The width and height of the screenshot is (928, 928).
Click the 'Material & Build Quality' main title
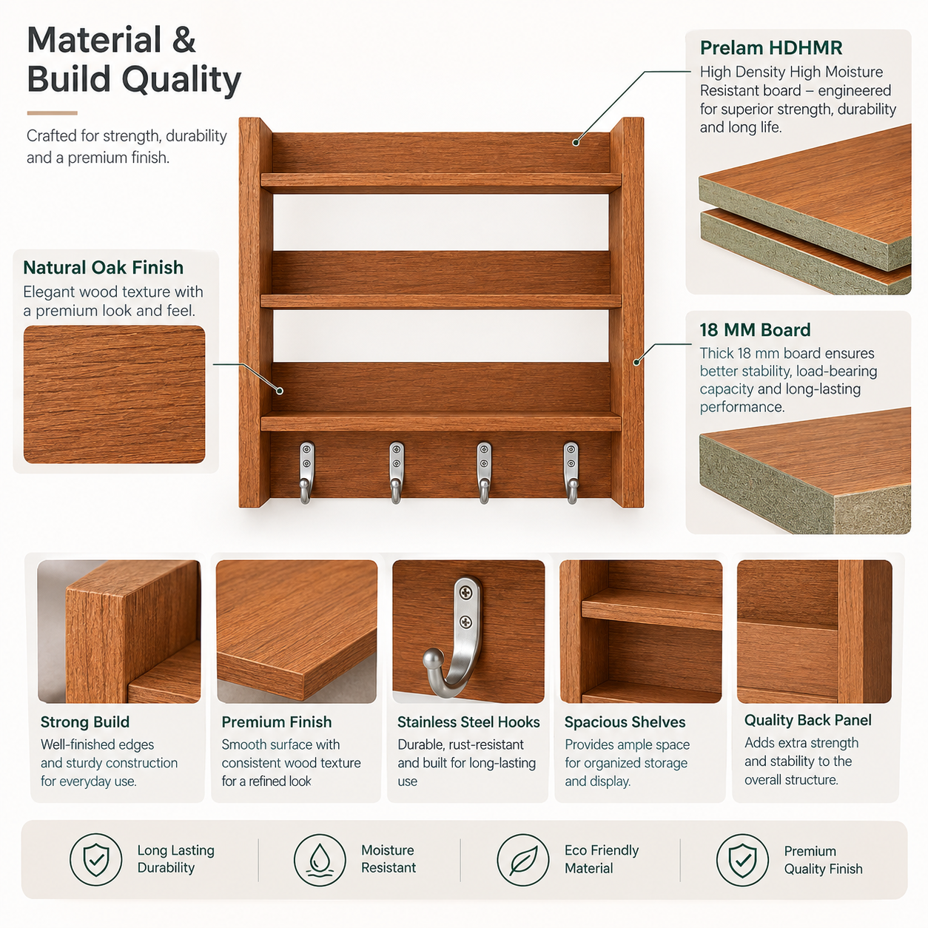pyautogui.click(x=134, y=59)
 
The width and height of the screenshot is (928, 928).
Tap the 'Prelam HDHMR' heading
pyautogui.click(x=771, y=48)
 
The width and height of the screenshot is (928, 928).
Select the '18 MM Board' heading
pyautogui.click(x=755, y=330)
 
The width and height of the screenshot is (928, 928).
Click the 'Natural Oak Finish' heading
pyautogui.click(x=103, y=267)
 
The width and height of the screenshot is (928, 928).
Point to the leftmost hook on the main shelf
pyautogui.click(x=306, y=472)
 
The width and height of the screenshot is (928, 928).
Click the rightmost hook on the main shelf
pyautogui.click(x=571, y=472)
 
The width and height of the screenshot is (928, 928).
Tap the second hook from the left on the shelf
pyautogui.click(x=396, y=472)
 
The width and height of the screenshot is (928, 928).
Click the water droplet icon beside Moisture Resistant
pyautogui.click(x=320, y=860)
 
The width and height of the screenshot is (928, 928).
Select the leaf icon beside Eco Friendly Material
pyautogui.click(x=523, y=860)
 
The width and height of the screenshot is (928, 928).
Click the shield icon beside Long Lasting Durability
pyautogui.click(x=95, y=860)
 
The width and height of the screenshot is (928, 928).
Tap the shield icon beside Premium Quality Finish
pyautogui.click(x=742, y=860)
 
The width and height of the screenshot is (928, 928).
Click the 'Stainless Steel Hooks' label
pyautogui.click(x=468, y=722)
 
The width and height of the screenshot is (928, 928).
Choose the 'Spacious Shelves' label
pyautogui.click(x=625, y=722)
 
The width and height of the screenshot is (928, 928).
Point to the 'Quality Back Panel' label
pyautogui.click(x=807, y=720)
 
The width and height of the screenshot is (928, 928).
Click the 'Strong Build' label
pyautogui.click(x=85, y=722)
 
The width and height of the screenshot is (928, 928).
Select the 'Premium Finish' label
pyautogui.click(x=277, y=722)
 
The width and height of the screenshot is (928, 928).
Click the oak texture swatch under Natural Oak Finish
pyautogui.click(x=114, y=394)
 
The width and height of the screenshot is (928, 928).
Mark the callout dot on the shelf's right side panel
pyautogui.click(x=636, y=362)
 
